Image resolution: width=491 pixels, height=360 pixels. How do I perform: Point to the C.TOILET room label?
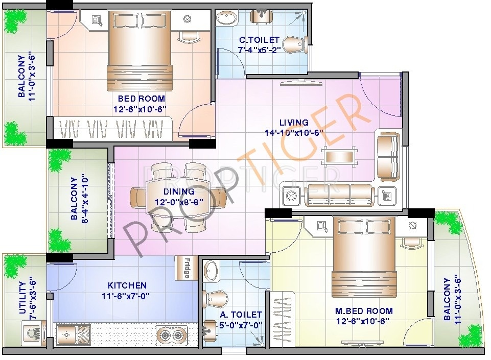click(x=260, y=40)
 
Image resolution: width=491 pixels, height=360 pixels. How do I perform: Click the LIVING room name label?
click(x=294, y=123)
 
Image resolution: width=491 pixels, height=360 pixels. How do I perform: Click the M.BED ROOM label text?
click(x=364, y=310)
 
